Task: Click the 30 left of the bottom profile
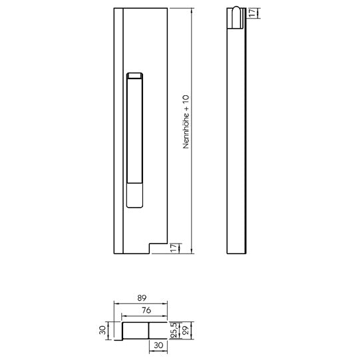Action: tap(102, 329)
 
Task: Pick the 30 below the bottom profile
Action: tap(158, 345)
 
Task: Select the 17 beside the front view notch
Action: tap(174, 248)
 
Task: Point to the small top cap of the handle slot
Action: tap(134, 75)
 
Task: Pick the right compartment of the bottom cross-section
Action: tap(158, 330)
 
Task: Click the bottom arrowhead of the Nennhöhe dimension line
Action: tap(192, 251)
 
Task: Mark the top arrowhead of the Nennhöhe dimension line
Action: tap(192, 10)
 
